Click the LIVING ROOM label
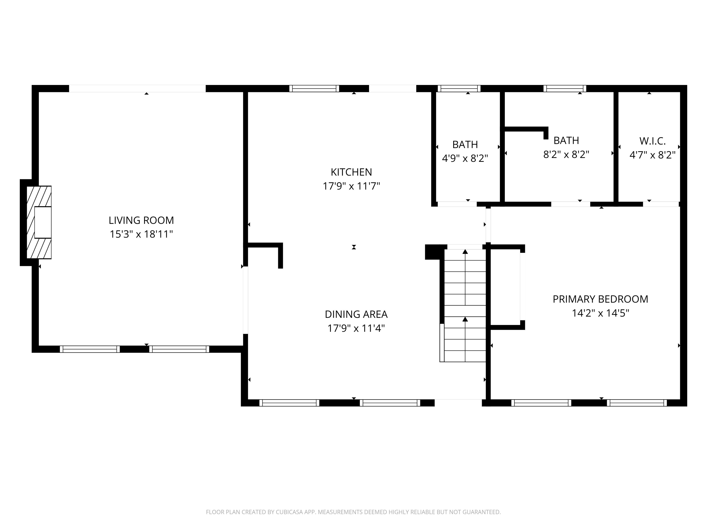coord(141,220)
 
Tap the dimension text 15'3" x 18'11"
coord(141,234)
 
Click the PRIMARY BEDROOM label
coord(600,299)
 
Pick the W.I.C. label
coord(652,141)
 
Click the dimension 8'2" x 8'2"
coord(566,155)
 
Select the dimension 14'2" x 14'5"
coord(600,313)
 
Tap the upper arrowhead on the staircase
coord(465,252)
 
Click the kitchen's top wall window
coord(314,89)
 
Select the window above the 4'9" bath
coord(459,89)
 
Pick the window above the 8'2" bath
coord(564,89)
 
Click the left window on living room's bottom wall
coord(90,349)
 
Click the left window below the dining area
coord(289,403)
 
